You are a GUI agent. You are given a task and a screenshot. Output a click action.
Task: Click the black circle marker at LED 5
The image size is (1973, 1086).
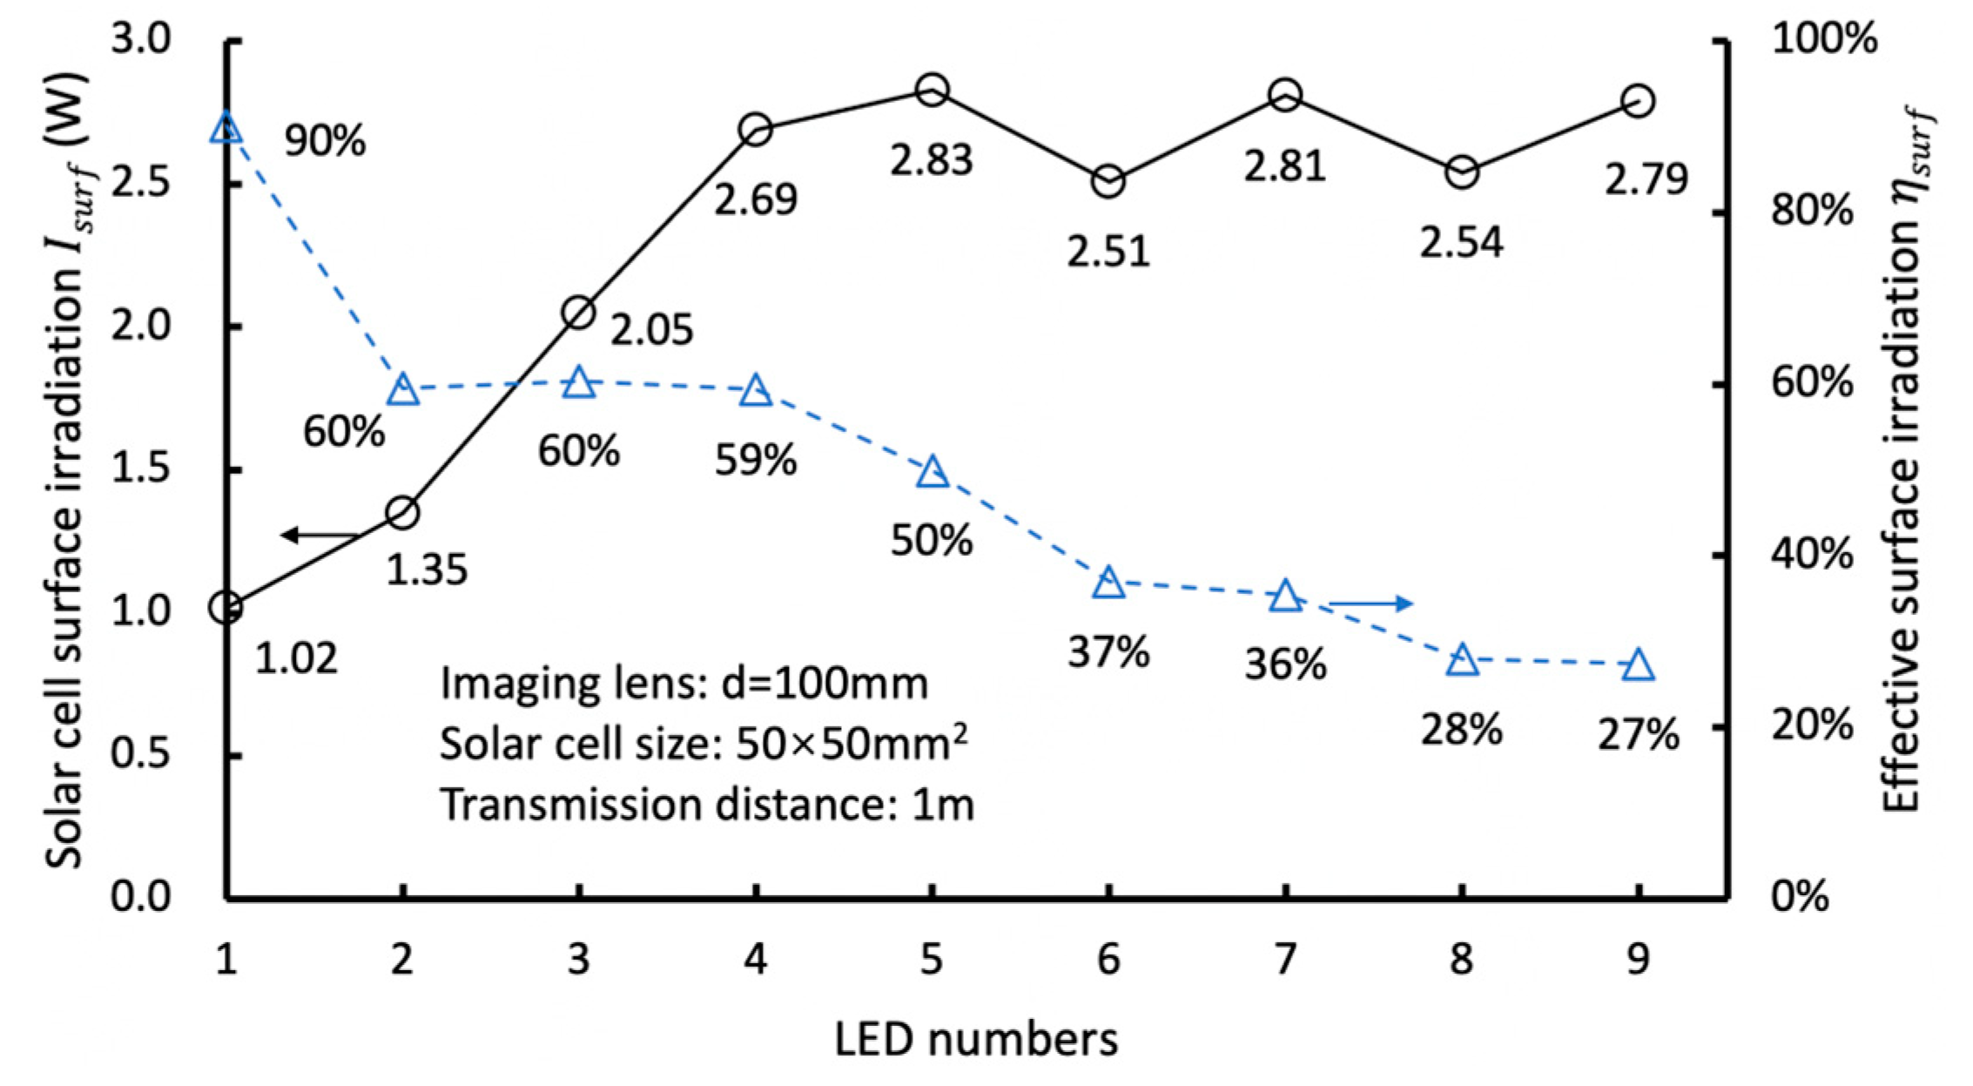[x=932, y=90]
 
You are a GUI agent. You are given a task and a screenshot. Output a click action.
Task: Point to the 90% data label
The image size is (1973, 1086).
[x=326, y=141]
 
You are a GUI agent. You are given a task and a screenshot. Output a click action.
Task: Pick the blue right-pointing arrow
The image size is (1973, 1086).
[x=1370, y=603]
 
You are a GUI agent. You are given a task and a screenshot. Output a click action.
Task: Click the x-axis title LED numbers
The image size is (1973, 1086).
[x=976, y=1040]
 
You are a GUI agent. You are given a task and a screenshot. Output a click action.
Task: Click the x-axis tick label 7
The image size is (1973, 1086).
[x=1284, y=960]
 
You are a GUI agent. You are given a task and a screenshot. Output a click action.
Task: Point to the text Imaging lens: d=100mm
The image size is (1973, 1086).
[x=684, y=685]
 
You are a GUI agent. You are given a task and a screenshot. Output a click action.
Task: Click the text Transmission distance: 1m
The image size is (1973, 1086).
[x=706, y=805]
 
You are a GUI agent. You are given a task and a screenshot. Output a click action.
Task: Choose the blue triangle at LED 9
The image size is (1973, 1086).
[x=1638, y=665]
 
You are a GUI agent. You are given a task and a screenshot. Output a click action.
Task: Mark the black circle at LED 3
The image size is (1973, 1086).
[x=578, y=313]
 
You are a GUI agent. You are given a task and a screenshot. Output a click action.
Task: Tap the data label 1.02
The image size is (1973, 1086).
[x=296, y=659]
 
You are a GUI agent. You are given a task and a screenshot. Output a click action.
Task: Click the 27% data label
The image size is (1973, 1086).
[x=1638, y=737]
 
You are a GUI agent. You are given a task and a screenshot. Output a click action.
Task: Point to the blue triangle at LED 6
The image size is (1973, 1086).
[x=1108, y=583]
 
